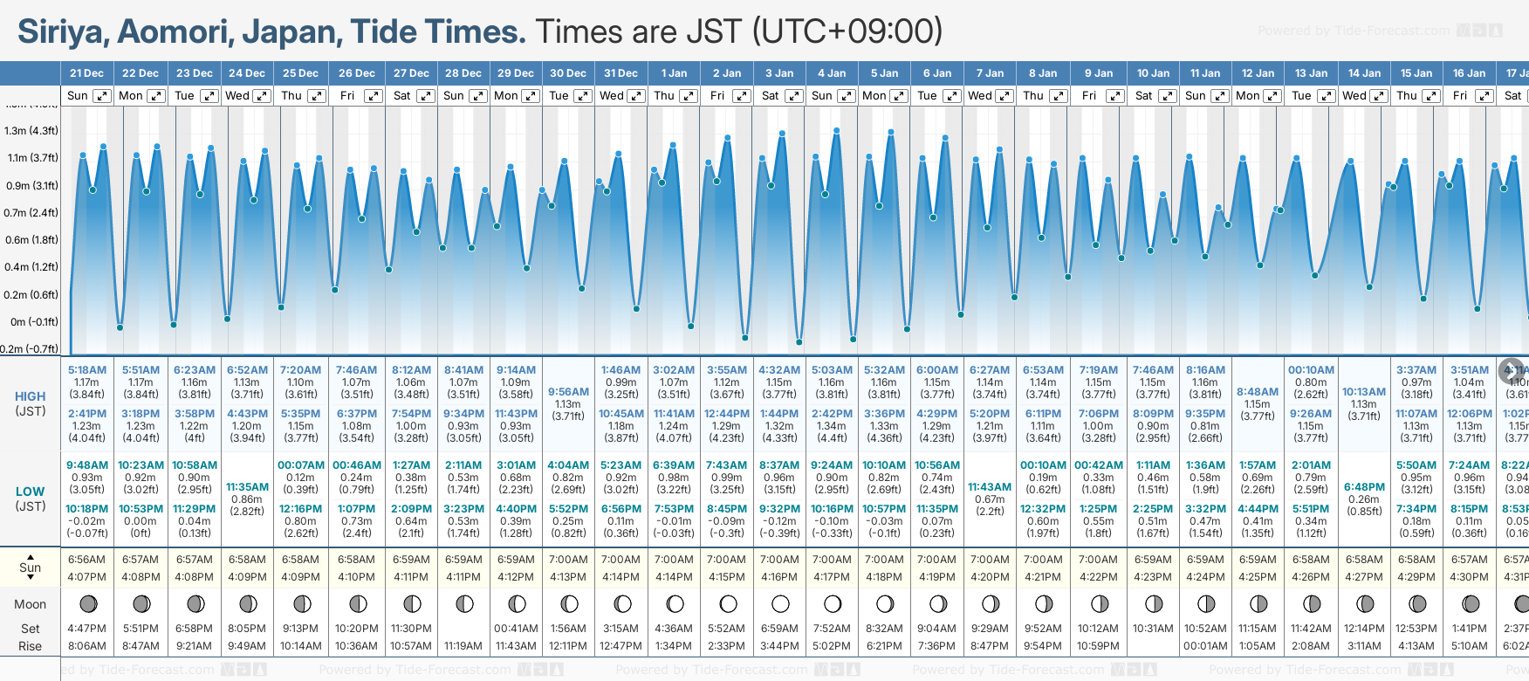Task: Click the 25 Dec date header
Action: click(300, 73)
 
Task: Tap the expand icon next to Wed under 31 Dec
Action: click(636, 96)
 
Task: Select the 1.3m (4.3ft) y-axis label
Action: click(31, 131)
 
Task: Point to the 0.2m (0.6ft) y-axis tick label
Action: click(30, 295)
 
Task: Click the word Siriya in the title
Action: click(63, 31)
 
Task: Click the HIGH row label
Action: click(31, 396)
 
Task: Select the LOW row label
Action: click(31, 492)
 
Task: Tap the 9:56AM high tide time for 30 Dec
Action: click(568, 392)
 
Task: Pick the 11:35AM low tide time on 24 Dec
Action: click(247, 487)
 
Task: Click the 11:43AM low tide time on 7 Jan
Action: click(990, 487)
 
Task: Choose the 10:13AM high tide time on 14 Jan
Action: click(1364, 392)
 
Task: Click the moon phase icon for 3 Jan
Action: click(780, 603)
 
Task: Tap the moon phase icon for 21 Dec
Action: click(88, 603)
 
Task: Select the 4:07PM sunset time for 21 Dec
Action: click(86, 577)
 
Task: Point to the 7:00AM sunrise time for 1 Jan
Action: click(674, 560)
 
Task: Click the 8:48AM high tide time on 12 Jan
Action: click(1258, 392)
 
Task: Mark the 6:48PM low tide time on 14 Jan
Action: click(1364, 487)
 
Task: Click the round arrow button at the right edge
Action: click(1511, 370)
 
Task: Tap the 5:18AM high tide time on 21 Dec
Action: click(86, 370)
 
